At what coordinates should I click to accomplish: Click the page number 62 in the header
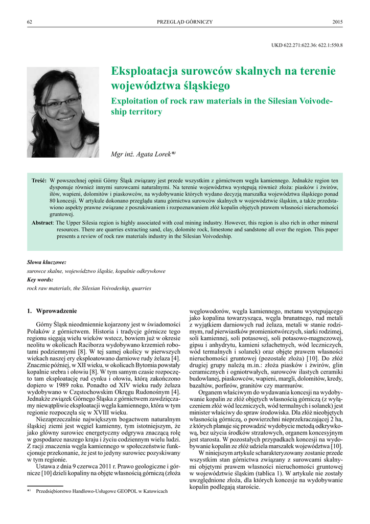pos(30,21)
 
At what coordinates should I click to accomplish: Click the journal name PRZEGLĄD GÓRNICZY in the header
pos(184,21)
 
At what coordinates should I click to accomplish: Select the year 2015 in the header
pos(337,21)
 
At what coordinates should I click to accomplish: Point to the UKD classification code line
pos(307,45)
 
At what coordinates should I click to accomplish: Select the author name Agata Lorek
pos(152,154)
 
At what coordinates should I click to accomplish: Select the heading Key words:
pos(40,280)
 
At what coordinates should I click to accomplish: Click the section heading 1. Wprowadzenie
pos(52,311)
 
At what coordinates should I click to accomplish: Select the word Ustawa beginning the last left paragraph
pos(45,467)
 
